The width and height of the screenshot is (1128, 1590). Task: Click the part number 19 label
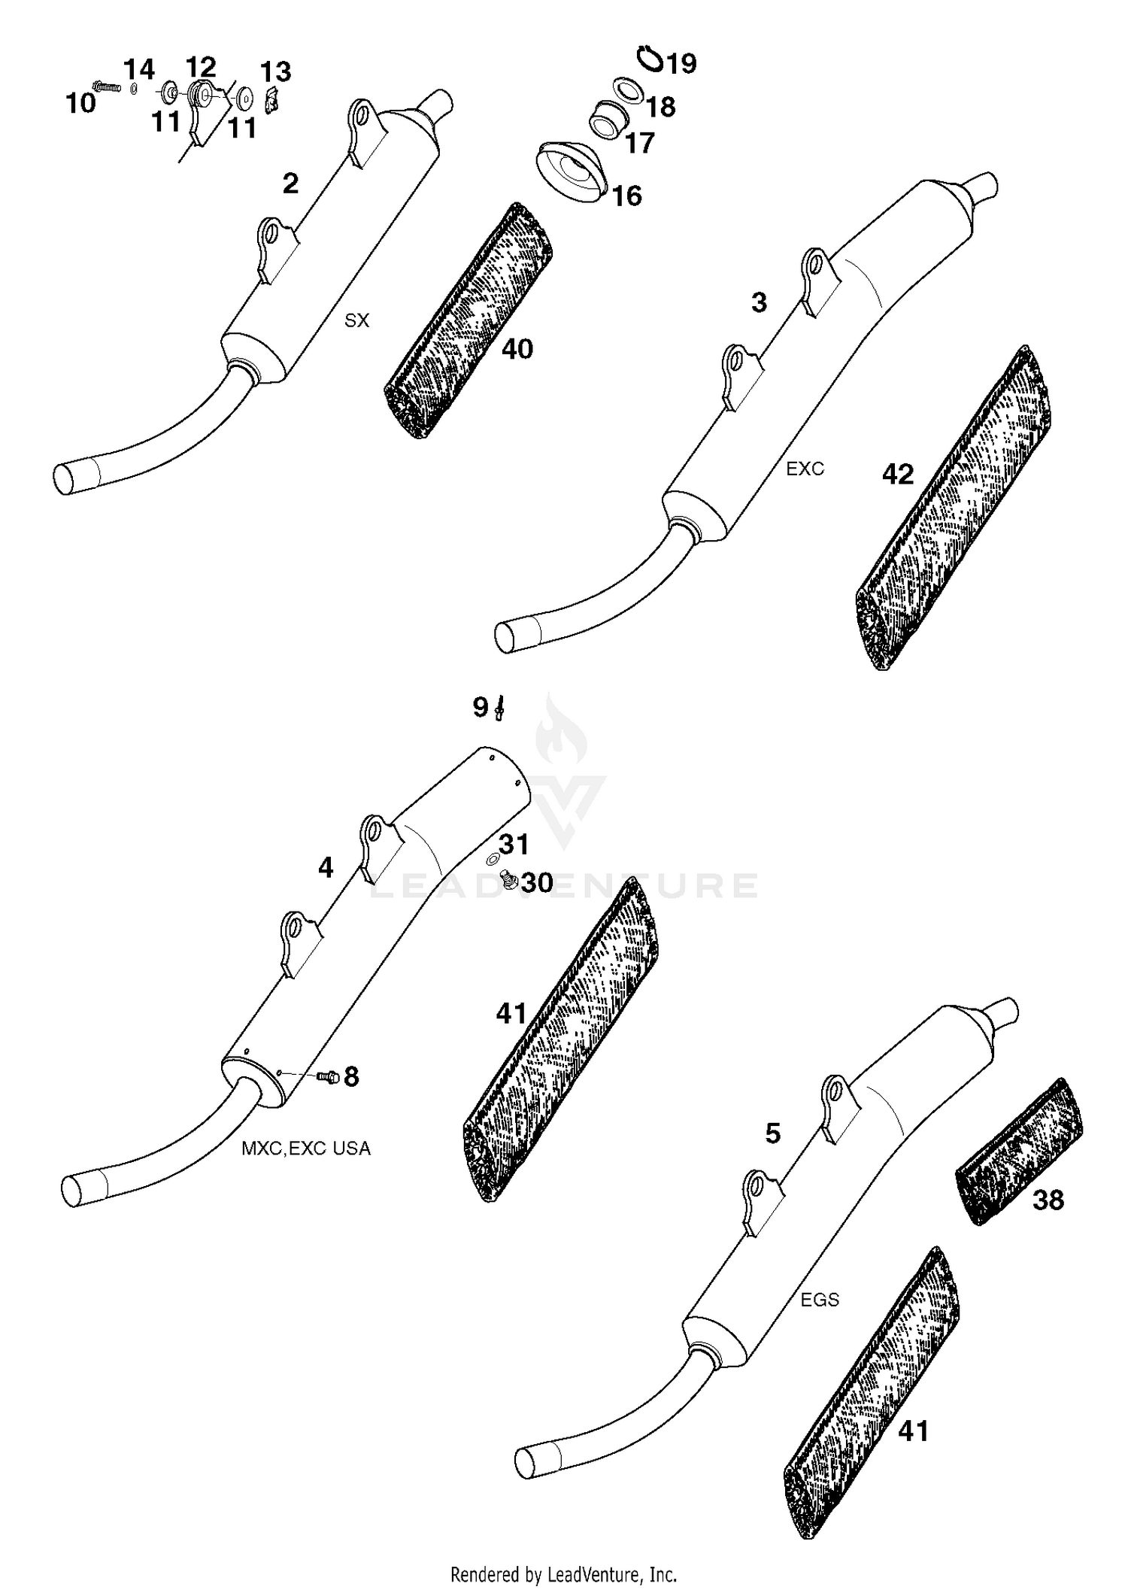tap(682, 63)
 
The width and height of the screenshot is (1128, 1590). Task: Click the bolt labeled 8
tap(327, 1077)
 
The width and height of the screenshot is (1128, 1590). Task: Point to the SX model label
tap(356, 320)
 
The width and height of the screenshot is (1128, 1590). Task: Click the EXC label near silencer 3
tap(805, 469)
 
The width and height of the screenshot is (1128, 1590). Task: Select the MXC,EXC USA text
tap(305, 1149)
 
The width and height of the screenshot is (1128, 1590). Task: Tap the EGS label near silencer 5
tap(819, 1300)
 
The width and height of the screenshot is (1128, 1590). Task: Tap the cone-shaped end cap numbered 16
tap(572, 170)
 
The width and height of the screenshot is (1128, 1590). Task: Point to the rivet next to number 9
tap(499, 707)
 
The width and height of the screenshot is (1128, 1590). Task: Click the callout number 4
tap(325, 869)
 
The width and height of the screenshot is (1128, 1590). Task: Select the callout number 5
tap(772, 1133)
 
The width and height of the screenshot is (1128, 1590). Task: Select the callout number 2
tap(290, 184)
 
